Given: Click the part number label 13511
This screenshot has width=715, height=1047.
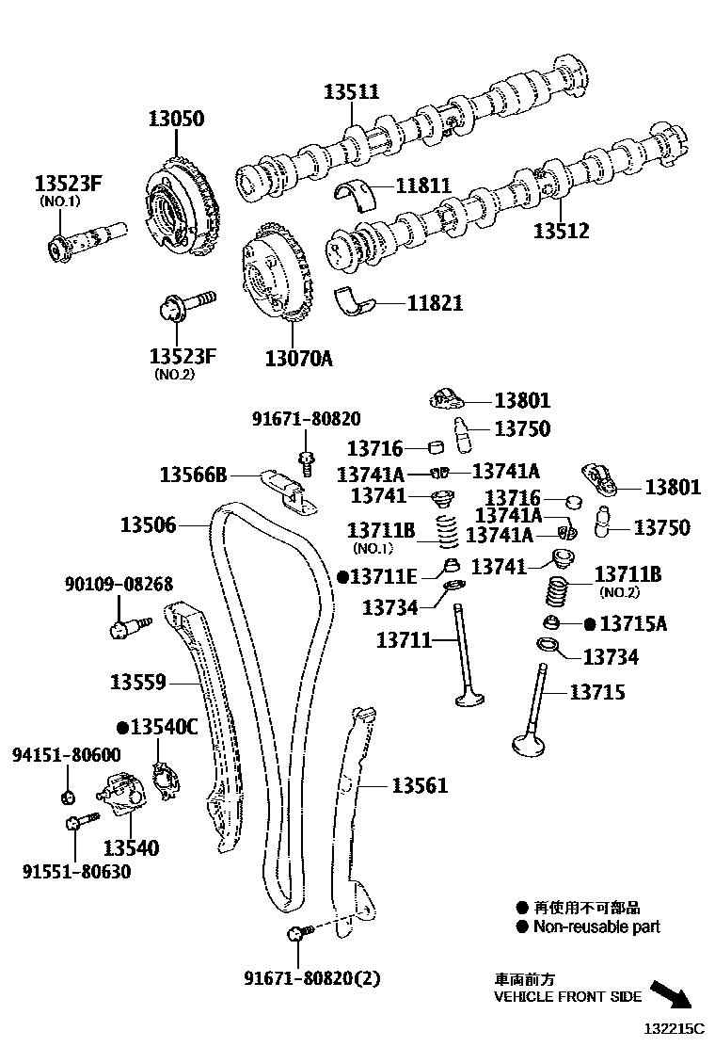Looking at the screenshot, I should point(351,92).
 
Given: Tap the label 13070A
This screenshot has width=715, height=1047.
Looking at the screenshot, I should point(298,359).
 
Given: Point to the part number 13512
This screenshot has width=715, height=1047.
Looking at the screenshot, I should point(562,231).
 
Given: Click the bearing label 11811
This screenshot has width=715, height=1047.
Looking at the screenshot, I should point(423,186).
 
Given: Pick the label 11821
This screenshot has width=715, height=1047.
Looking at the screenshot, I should point(435,304).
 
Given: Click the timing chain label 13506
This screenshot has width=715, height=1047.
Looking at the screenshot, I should point(148,524).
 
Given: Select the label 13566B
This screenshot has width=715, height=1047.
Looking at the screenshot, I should point(192,475).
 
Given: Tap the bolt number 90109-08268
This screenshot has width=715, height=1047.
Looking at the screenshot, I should point(119,586).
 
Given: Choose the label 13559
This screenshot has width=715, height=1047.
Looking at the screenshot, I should point(137,682).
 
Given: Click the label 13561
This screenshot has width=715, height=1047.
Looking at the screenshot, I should point(420,785).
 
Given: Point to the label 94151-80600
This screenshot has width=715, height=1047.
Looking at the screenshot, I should point(66,755).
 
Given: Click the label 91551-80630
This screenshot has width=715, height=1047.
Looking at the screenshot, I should point(76,872).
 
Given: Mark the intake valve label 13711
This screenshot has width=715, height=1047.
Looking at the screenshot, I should point(404,641).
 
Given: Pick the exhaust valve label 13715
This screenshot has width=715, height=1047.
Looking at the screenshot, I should point(596,692).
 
